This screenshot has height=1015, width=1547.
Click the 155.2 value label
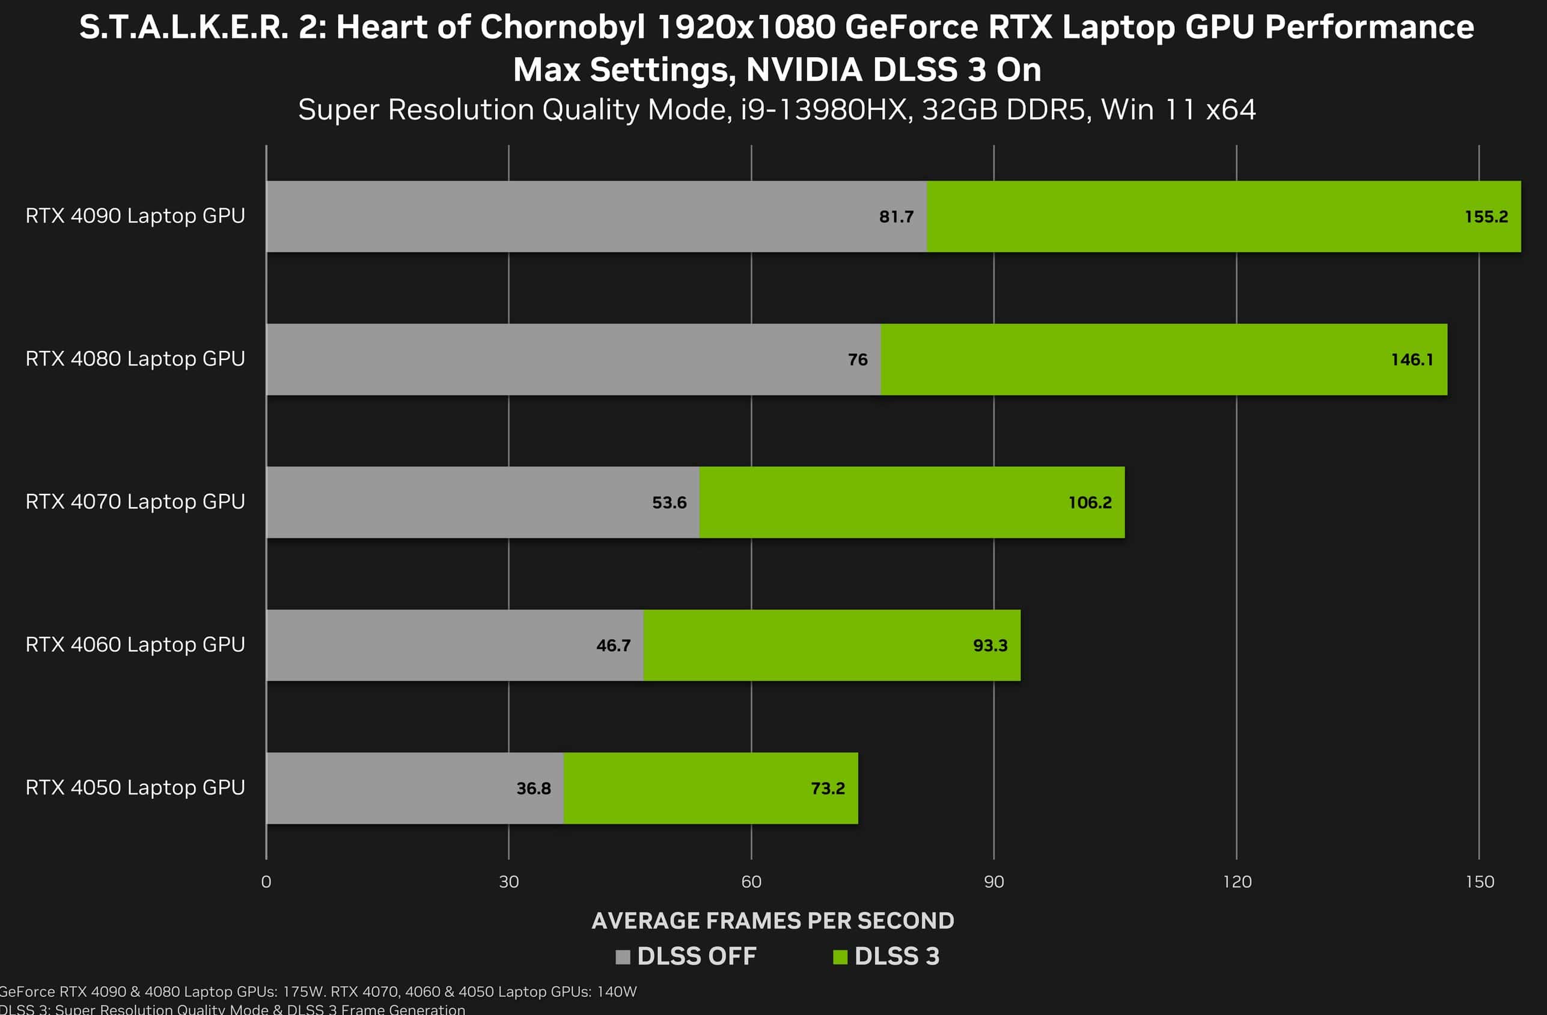(x=1486, y=217)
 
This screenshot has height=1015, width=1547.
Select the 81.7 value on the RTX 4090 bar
(x=896, y=217)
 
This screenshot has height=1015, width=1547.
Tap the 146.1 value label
(x=1412, y=360)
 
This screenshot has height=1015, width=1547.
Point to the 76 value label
(x=858, y=360)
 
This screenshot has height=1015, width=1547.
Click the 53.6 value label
(x=669, y=503)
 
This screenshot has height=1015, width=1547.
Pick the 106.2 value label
(x=1090, y=503)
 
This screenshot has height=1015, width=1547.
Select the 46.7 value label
(x=613, y=646)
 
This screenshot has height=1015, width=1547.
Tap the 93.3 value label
(x=990, y=646)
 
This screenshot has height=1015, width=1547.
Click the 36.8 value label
(x=533, y=789)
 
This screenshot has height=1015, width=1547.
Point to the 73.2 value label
(x=828, y=789)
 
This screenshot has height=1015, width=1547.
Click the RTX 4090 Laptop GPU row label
(x=135, y=216)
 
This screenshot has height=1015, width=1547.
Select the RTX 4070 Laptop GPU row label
(x=135, y=502)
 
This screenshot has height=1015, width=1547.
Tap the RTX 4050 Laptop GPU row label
(x=135, y=788)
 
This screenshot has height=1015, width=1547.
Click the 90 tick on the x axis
(x=994, y=882)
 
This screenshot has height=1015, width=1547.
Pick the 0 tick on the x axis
(x=266, y=882)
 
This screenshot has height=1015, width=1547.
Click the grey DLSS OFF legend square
(x=623, y=957)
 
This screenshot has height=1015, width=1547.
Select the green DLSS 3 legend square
(x=840, y=957)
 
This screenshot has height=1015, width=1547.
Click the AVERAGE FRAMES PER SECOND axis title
(x=773, y=921)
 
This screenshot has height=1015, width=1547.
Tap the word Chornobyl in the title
(x=563, y=28)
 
